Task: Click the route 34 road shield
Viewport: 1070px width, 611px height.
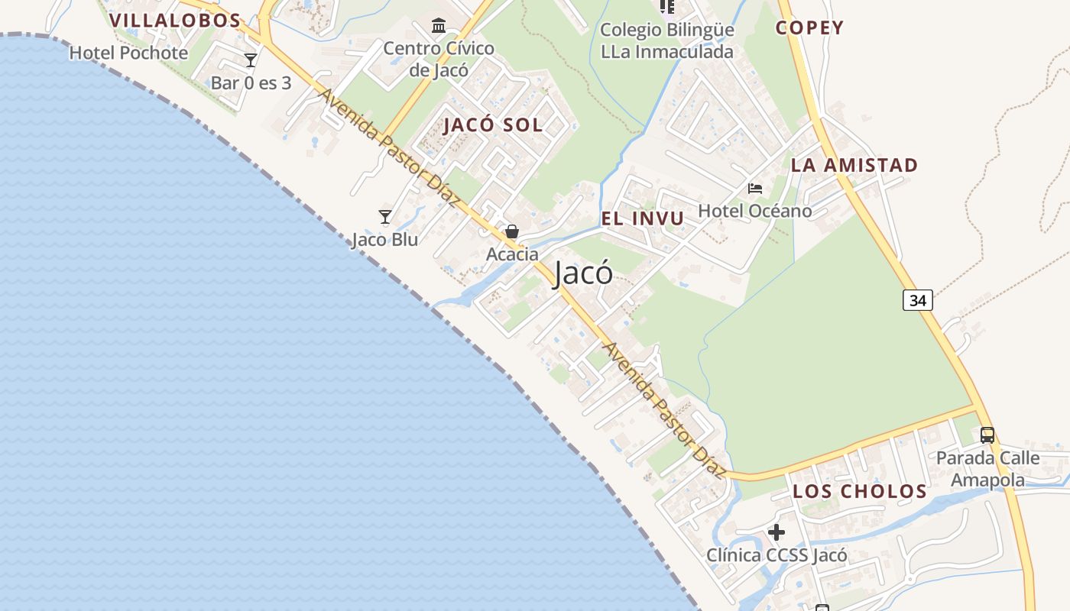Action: click(917, 300)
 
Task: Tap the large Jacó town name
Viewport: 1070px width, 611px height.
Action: click(583, 273)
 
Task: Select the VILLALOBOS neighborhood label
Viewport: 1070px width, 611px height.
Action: click(175, 21)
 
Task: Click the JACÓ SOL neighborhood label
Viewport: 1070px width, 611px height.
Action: click(493, 125)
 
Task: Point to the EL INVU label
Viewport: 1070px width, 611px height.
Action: click(642, 219)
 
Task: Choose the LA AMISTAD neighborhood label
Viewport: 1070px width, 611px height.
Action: click(854, 165)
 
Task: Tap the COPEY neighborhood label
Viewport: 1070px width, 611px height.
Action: click(809, 28)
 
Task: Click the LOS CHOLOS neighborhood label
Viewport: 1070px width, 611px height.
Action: click(859, 491)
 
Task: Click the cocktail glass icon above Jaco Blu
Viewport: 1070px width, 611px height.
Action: click(385, 218)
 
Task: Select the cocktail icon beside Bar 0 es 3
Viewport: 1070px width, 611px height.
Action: click(251, 60)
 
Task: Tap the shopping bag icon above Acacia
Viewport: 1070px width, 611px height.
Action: click(512, 231)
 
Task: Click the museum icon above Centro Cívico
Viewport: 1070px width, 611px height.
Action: click(439, 27)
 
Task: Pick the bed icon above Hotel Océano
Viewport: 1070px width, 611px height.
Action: click(755, 189)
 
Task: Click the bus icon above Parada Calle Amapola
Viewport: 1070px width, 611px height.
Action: click(987, 435)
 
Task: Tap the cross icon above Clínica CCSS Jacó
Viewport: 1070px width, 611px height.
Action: click(777, 532)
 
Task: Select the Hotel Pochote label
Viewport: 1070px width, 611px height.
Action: click(128, 53)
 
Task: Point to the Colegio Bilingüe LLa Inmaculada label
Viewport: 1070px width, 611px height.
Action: click(666, 40)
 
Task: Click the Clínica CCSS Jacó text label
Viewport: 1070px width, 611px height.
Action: click(777, 555)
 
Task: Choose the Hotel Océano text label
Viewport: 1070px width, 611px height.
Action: click(755, 211)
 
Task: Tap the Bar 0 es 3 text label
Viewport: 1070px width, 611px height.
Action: click(251, 82)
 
